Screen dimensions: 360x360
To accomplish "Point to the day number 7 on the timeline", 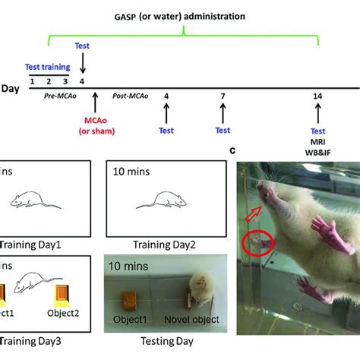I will click(223, 96).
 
